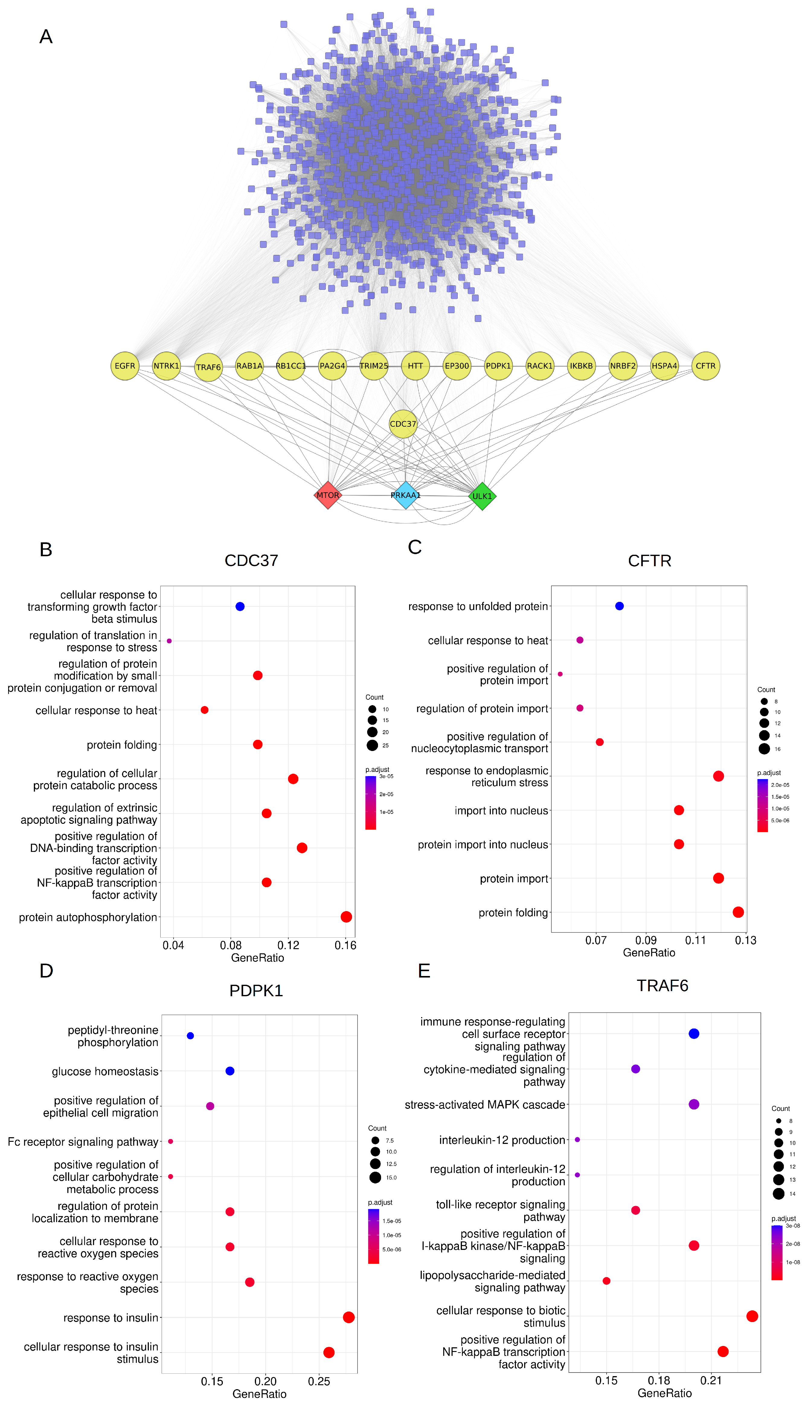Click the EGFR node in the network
pos(125,366)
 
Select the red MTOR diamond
pos(328,495)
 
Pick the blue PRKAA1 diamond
pos(405,495)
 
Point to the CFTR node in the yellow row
pos(705,366)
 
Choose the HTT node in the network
pos(415,366)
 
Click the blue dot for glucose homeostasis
pos(230,1071)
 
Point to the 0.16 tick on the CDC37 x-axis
pos(345,945)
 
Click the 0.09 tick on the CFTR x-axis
pos(646,940)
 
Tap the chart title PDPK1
pos(256,990)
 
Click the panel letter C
pos(415,547)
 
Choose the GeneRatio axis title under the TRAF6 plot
pos(664,1393)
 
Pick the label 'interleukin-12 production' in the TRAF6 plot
pos(502,1140)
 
